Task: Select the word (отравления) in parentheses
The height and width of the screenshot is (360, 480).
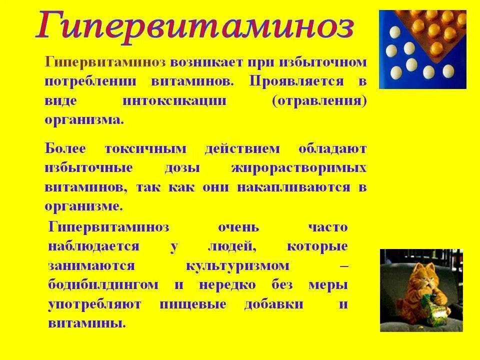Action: tap(326, 100)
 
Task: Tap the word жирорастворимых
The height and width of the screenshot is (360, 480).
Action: tap(298, 168)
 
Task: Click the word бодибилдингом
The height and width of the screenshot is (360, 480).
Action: tap(104, 285)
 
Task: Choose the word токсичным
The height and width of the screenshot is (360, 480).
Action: tap(145, 148)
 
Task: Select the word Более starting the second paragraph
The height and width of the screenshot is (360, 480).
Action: tap(65, 148)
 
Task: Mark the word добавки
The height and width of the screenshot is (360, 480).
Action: tap(273, 304)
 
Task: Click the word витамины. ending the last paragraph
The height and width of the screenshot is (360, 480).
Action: tap(87, 323)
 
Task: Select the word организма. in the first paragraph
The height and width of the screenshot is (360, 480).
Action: tap(84, 120)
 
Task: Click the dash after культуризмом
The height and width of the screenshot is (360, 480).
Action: tap(343, 266)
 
